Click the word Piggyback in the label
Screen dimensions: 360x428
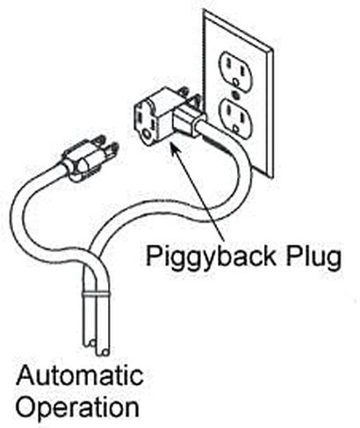pos(211,257)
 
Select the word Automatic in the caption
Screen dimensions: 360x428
pos(80,375)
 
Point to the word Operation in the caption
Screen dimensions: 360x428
pos(77,408)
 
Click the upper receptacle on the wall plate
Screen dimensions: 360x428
pos(235,69)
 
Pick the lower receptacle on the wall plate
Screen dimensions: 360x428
pos(234,117)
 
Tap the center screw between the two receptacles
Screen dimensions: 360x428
pos(235,94)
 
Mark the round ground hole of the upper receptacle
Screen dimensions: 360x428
pos(235,81)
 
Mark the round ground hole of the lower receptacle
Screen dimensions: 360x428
pos(236,128)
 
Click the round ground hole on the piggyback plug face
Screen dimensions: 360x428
pos(146,135)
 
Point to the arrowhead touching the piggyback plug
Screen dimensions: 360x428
pos(173,148)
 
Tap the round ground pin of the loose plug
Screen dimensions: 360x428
pos(112,149)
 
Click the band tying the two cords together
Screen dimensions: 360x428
pos(94,294)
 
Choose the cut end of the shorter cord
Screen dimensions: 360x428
pos(90,343)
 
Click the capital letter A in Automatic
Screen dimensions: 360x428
pos(26,375)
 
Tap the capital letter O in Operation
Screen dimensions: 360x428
pos(27,406)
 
